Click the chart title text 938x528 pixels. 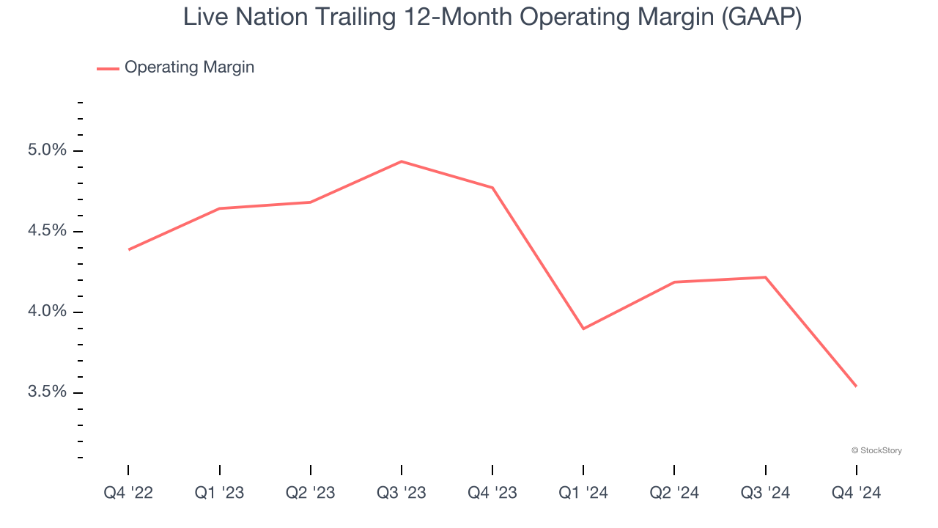point(492,17)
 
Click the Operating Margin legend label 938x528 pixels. point(189,67)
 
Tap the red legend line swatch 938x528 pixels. point(108,68)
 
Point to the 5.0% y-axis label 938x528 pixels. point(47,150)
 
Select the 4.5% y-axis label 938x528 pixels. point(47,231)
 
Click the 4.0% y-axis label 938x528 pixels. point(47,312)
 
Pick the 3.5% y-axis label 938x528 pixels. point(47,392)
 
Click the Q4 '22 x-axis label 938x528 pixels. point(128,493)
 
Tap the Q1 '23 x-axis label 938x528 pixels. point(219,493)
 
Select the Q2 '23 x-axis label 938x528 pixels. point(310,493)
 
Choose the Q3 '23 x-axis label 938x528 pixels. point(401,493)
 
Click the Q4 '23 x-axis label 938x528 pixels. point(492,493)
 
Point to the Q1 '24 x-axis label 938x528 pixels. point(583,493)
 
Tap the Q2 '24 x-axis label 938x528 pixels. point(673,493)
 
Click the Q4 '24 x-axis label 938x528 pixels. point(856,493)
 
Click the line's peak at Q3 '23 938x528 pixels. point(401,161)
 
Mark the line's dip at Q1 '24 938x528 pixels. point(583,329)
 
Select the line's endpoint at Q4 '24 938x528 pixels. point(856,386)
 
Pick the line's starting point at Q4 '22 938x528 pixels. point(129,250)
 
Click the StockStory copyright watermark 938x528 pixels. point(876,450)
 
